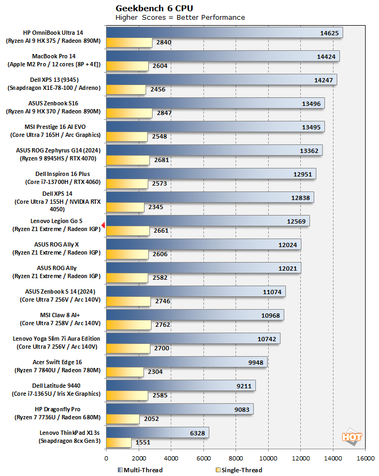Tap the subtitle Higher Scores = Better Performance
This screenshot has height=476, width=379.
coord(180,17)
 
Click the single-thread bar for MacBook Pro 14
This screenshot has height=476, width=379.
coord(127,66)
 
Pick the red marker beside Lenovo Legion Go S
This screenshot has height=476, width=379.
coord(103,225)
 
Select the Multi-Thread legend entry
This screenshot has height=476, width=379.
coord(140,470)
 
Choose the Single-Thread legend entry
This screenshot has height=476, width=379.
coord(237,470)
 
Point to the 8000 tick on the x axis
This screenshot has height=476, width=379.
coord(236,458)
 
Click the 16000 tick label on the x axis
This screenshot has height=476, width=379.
coord(365,458)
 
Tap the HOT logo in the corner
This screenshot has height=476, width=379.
coord(352,437)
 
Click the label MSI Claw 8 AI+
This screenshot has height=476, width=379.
coord(62,315)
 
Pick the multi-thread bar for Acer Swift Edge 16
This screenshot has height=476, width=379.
coord(186,363)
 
